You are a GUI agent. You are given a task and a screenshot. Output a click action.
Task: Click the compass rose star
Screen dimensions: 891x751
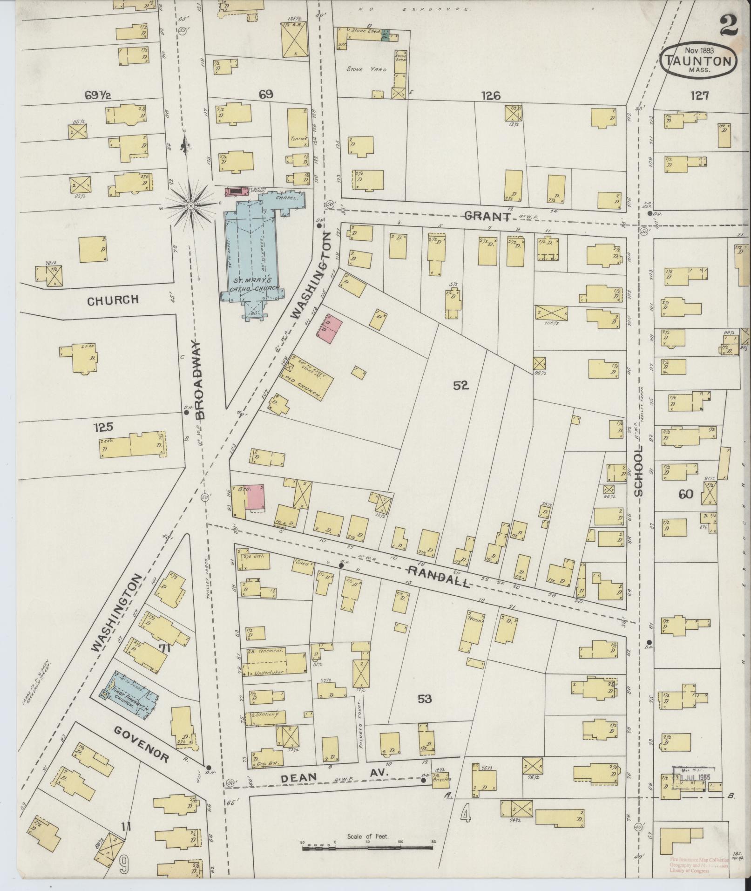[191, 205]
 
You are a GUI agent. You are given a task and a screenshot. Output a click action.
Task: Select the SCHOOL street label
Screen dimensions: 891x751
[638, 470]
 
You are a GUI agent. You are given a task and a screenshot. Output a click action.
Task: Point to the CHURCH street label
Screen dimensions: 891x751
[113, 300]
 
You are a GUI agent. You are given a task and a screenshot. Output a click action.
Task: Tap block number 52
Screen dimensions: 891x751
[460, 386]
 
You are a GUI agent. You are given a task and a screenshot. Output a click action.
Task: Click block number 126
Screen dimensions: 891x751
[491, 96]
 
